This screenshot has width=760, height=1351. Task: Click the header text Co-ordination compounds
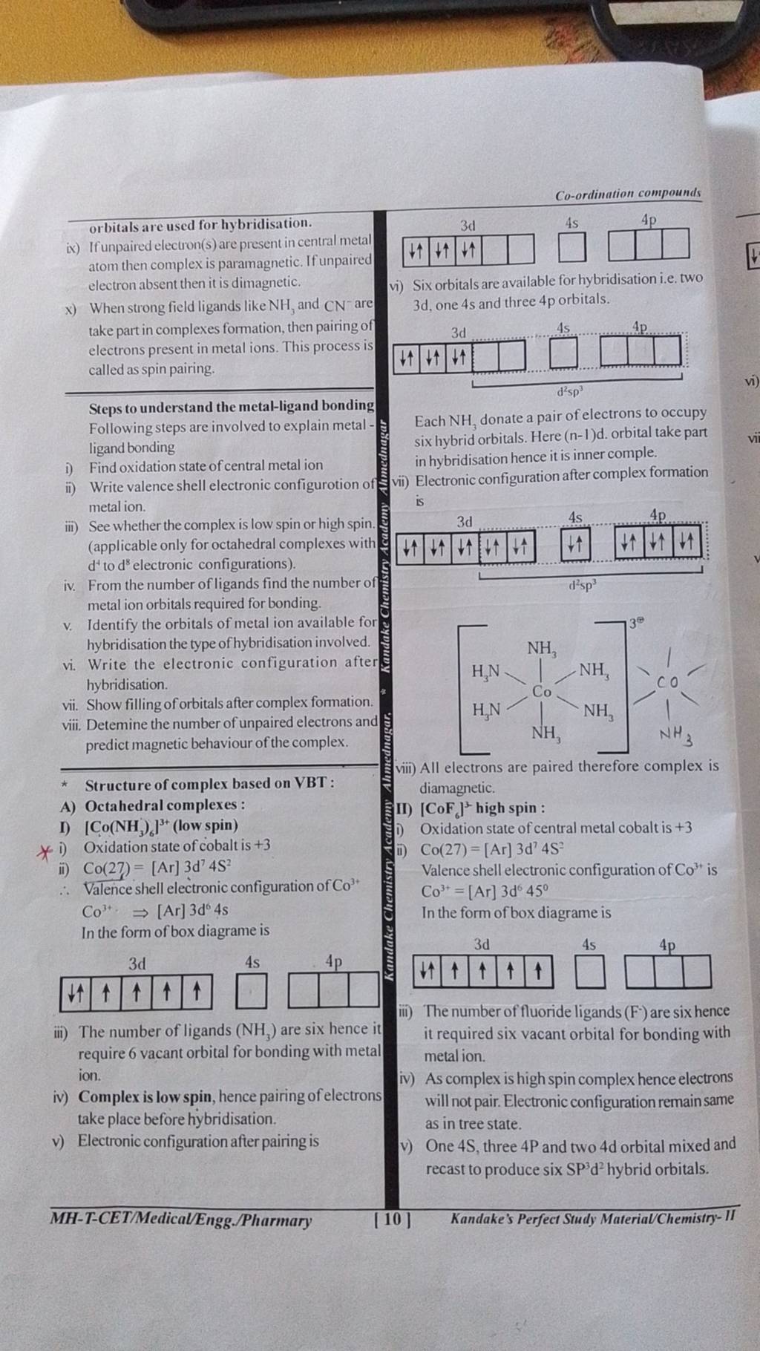pyautogui.click(x=628, y=194)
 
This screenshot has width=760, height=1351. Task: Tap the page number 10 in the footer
pyautogui.click(x=393, y=1219)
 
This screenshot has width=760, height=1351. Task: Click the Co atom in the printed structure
pyautogui.click(x=541, y=691)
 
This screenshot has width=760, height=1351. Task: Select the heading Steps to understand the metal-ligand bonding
pyautogui.click(x=231, y=406)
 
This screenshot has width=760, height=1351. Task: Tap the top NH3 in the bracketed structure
pyautogui.click(x=543, y=648)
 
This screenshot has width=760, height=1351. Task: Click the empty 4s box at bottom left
pyautogui.click(x=251, y=992)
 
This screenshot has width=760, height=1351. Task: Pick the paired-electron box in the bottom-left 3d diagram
pyautogui.click(x=76, y=992)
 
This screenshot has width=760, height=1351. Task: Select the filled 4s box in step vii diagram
pyautogui.click(x=574, y=548)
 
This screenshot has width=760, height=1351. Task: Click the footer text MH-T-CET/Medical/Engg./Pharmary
pyautogui.click(x=180, y=1220)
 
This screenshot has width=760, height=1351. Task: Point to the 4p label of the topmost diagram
pyautogui.click(x=648, y=220)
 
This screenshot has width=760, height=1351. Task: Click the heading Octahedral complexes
pyautogui.click(x=165, y=805)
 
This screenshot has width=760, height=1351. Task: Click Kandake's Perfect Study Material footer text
pyautogui.click(x=592, y=1219)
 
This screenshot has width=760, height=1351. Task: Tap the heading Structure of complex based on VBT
pyautogui.click(x=209, y=784)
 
